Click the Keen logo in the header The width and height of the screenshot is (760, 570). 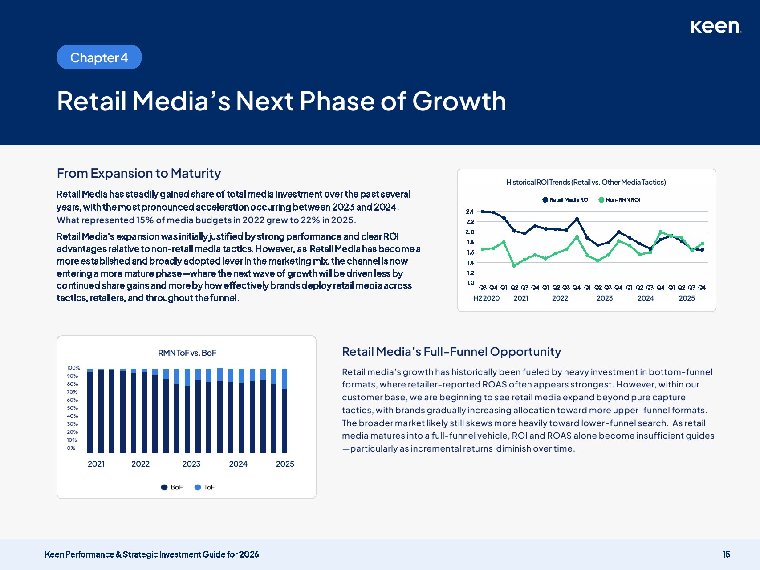[715, 27]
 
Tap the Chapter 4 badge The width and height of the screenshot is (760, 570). [99, 57]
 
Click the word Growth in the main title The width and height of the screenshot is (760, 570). [459, 101]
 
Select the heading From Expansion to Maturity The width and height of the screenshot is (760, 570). [139, 173]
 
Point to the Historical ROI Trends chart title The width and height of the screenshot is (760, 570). [586, 182]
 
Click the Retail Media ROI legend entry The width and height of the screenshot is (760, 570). [566, 200]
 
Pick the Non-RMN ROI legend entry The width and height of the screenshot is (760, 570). [619, 200]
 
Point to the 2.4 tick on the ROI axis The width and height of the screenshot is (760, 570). [470, 212]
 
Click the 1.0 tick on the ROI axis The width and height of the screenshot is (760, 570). [470, 283]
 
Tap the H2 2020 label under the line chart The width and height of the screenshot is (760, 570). [486, 298]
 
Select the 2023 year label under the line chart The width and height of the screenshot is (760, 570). [605, 298]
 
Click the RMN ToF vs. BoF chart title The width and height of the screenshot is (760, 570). [187, 353]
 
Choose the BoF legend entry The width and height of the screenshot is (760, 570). [172, 487]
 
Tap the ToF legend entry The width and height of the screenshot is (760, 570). [205, 487]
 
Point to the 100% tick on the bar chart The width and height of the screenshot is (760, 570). [73, 368]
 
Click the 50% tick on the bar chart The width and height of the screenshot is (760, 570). [73, 408]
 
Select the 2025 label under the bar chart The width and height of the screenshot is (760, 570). [285, 464]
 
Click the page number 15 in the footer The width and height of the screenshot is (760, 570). [726, 554]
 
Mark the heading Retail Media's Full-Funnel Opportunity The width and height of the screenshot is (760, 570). [451, 352]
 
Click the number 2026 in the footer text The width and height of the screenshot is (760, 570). [249, 554]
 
